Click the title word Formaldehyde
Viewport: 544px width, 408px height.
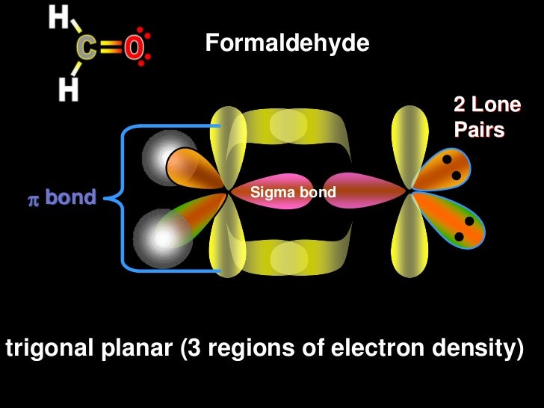287,44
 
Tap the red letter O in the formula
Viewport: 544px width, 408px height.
134,49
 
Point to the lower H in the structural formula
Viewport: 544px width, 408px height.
68,90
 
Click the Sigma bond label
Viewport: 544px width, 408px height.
293,193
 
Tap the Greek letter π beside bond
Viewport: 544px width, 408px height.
33,199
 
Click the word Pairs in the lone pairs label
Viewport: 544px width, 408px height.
479,130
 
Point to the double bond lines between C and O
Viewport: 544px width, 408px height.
111,49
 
